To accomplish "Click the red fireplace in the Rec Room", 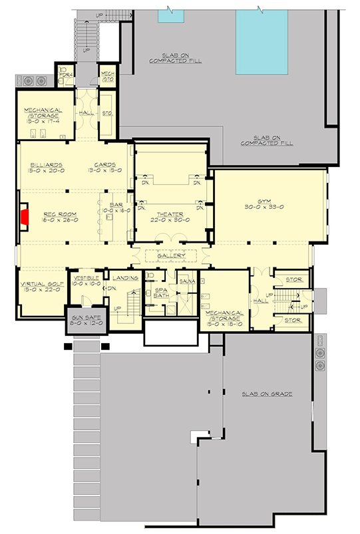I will pos(25,217).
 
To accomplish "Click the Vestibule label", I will pos(87,277).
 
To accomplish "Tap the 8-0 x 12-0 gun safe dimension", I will pos(83,325).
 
